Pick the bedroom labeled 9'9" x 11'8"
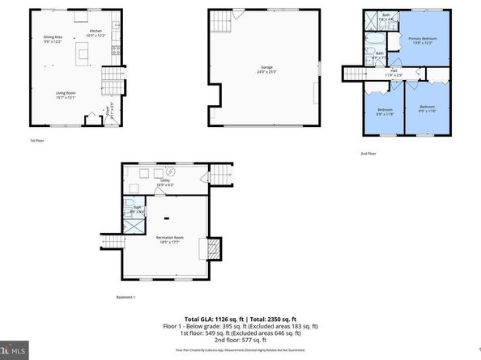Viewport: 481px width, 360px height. click(x=427, y=108)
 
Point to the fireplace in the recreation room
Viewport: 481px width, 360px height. click(x=215, y=249)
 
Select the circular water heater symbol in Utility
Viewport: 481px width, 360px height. click(x=171, y=172)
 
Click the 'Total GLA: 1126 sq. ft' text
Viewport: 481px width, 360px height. click(x=216, y=320)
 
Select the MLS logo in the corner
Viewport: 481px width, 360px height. click(x=15, y=352)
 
